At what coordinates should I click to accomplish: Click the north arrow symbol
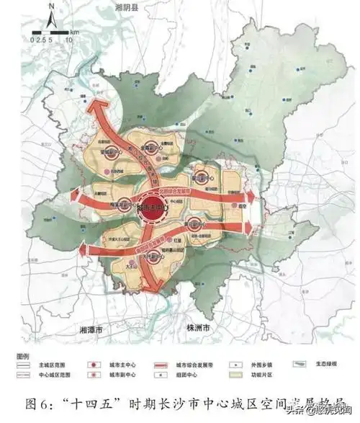[50, 15]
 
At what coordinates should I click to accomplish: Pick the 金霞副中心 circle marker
[151, 142]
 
